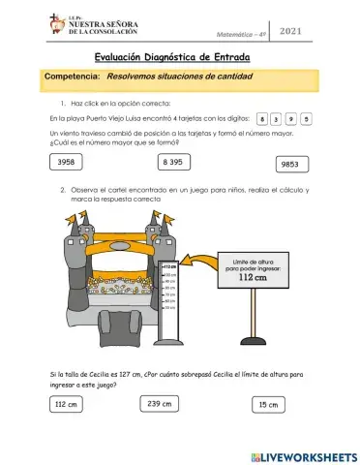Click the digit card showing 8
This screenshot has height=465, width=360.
click(262, 119)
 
